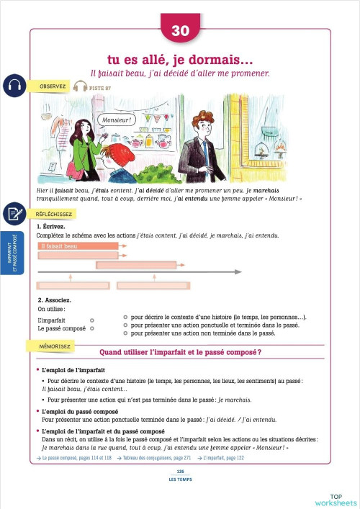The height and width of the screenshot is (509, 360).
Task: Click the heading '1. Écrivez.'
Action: coord(53,227)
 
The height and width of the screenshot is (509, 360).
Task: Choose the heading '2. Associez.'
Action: coord(54,299)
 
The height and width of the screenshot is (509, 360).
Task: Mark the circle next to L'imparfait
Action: coord(91,320)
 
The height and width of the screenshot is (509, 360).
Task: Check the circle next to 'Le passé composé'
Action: coord(91,328)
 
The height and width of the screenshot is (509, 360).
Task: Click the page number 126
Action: coord(180,471)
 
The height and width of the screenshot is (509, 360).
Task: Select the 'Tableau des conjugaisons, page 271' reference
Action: coord(156,458)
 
